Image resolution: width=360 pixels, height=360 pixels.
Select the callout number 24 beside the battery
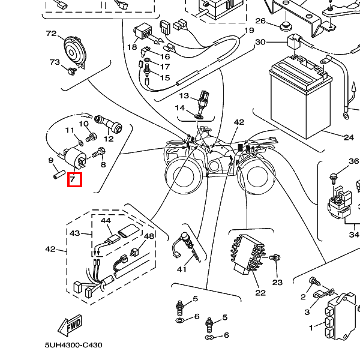click(x=349, y=137)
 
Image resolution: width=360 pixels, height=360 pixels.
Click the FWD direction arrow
click(x=70, y=325)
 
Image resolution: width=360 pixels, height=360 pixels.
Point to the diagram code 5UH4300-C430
click(x=73, y=345)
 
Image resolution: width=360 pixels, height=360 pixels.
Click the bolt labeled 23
click(x=275, y=257)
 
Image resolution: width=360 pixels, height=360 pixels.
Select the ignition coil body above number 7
click(x=76, y=157)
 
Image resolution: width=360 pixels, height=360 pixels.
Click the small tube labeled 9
click(x=59, y=174)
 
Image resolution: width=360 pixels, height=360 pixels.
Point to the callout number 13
click(x=184, y=95)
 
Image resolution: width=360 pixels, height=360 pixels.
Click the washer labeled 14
click(x=199, y=116)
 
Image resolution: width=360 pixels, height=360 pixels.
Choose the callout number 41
click(x=182, y=269)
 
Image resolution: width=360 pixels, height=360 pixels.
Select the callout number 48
click(x=149, y=236)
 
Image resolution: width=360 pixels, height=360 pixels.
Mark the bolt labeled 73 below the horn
click(x=73, y=71)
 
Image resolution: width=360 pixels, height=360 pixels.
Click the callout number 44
click(x=106, y=220)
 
